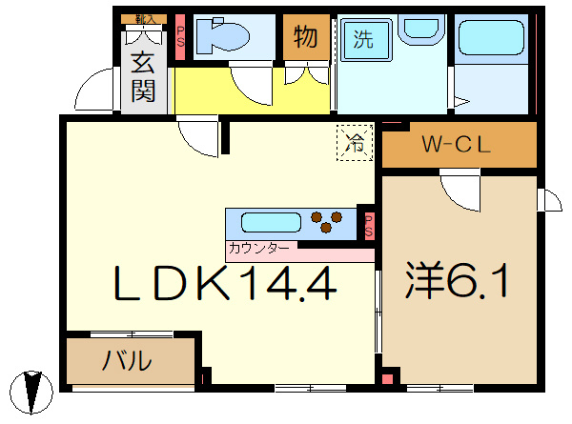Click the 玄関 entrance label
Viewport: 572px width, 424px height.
tap(144, 77)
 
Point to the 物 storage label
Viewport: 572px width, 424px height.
tap(305, 37)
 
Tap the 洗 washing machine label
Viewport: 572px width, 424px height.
tap(363, 39)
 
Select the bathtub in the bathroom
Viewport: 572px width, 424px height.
tap(491, 39)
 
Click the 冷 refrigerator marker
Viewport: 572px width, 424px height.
tap(355, 146)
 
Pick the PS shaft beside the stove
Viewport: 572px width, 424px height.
tap(368, 225)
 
